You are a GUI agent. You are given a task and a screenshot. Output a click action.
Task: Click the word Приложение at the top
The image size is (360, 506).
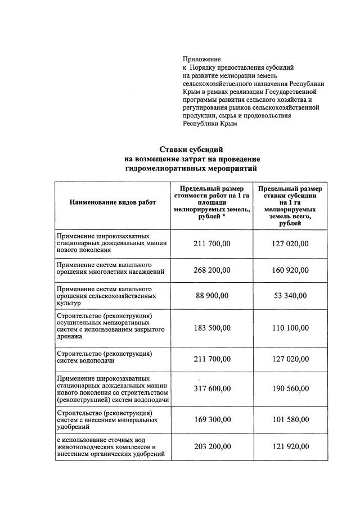[x=202, y=59]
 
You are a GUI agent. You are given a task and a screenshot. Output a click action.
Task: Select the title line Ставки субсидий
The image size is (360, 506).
[x=191, y=150]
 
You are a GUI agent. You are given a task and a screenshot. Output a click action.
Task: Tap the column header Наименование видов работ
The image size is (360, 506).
[x=112, y=202]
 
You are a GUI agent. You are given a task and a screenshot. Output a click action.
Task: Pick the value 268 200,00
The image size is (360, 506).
[x=212, y=270]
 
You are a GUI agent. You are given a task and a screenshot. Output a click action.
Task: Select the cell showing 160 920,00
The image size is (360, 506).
[x=290, y=270]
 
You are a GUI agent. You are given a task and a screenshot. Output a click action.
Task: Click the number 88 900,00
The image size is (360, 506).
[x=212, y=296]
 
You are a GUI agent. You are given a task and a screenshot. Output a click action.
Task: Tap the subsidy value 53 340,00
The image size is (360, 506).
[x=290, y=296]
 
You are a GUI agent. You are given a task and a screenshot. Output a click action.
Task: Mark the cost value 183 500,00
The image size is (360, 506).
[x=212, y=327]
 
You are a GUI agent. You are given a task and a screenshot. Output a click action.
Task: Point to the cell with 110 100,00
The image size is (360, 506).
[x=290, y=327]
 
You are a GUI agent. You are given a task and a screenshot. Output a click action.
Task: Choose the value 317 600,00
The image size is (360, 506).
[x=212, y=388]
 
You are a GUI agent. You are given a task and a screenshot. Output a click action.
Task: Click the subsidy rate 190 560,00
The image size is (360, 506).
[x=290, y=388]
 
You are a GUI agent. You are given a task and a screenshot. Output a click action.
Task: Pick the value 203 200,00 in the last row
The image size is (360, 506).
[x=212, y=446]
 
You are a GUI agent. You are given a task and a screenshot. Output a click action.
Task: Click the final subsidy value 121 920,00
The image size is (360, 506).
[x=290, y=446]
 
